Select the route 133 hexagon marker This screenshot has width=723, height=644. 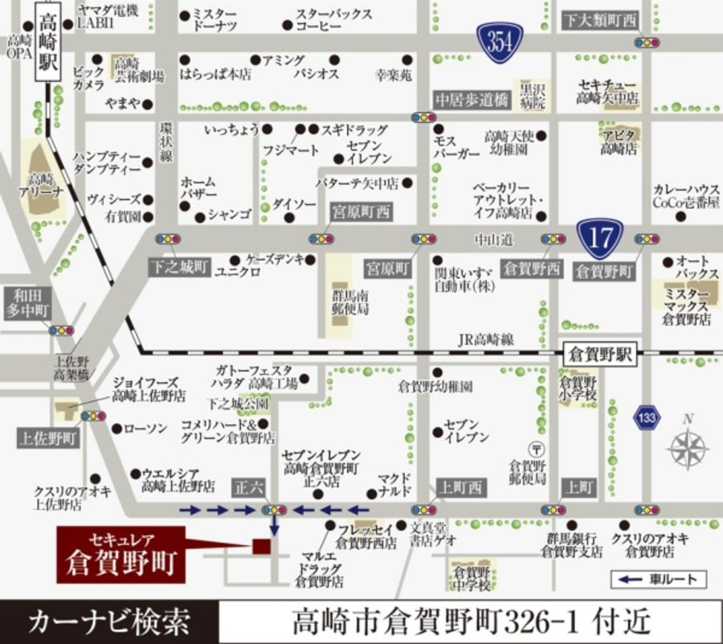click(x=647, y=417)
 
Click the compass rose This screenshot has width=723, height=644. click(x=688, y=447)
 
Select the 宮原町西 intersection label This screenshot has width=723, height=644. click(x=361, y=212)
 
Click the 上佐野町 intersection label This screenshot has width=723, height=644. click(x=48, y=439)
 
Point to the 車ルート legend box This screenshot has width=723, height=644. click(x=660, y=579)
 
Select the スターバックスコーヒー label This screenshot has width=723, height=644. click(x=333, y=20)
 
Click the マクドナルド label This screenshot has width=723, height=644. click(x=395, y=486)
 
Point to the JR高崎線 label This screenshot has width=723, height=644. click(x=486, y=339)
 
